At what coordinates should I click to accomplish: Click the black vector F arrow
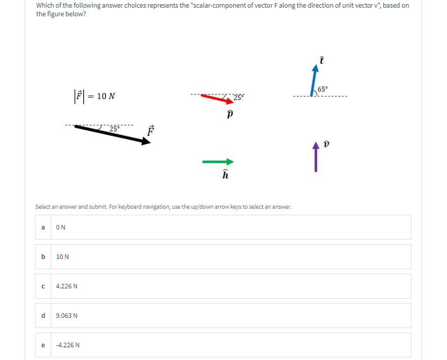click(113, 134)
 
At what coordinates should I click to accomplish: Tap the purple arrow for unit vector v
click(316, 157)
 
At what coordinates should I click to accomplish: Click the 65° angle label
click(323, 89)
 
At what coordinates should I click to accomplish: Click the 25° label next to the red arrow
click(238, 96)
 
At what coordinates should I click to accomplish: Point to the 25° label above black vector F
click(114, 127)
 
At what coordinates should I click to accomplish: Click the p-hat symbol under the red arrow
click(229, 114)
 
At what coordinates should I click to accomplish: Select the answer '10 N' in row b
click(62, 257)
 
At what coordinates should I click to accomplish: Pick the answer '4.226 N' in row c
click(66, 286)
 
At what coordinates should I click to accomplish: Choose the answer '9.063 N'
click(66, 316)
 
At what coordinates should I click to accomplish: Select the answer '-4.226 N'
click(67, 345)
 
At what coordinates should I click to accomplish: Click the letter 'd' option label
click(43, 316)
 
